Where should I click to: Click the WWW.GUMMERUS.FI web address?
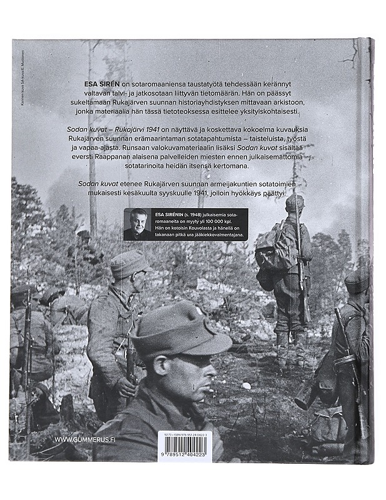[x=86, y=440]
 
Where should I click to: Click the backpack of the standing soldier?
[x=273, y=246]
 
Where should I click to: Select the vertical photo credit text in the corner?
[x=23, y=75]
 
